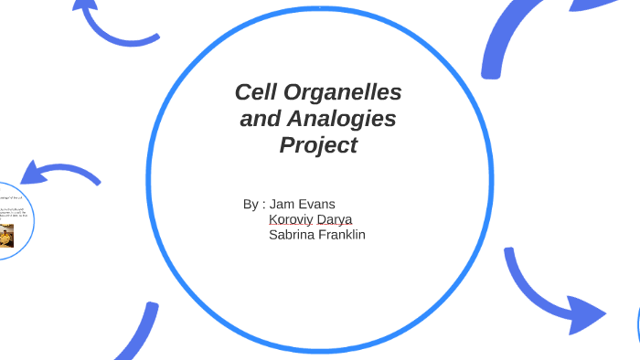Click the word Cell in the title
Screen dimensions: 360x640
[x=257, y=92]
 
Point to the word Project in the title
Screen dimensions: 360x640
[x=317, y=144]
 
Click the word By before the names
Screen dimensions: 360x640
[x=251, y=204]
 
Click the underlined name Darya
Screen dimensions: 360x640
[x=335, y=219]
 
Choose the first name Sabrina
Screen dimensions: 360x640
[x=294, y=235]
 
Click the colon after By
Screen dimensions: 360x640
[x=263, y=205]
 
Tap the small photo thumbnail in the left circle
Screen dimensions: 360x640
[x=6, y=236]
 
